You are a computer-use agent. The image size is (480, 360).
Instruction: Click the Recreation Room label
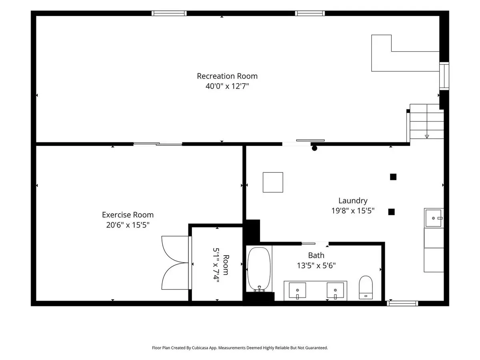tap(227, 76)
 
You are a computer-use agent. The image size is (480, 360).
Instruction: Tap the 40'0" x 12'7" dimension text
tap(227, 86)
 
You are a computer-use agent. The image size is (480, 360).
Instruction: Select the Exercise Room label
tap(128, 215)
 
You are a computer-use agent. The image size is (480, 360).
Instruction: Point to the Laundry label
tap(353, 200)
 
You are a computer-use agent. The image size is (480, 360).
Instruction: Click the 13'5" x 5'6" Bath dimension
tap(316, 265)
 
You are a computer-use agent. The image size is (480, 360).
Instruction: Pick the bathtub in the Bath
tap(259, 269)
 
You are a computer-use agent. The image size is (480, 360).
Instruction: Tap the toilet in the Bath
tap(366, 287)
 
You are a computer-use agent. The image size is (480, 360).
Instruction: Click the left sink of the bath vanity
tap(297, 290)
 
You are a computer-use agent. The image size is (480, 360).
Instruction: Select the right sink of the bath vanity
tap(335, 290)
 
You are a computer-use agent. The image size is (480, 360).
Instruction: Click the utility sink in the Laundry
tap(433, 218)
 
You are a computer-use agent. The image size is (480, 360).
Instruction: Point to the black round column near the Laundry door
tap(314, 148)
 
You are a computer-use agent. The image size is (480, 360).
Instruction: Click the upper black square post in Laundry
tap(393, 177)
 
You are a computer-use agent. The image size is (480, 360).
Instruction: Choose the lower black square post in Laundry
tap(391, 212)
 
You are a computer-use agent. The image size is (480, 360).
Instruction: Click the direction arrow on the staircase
tap(427, 136)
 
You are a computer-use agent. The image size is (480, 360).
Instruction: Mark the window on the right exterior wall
tap(444, 76)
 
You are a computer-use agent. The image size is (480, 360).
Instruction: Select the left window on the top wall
tap(169, 13)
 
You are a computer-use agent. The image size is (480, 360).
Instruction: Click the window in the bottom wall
tap(402, 303)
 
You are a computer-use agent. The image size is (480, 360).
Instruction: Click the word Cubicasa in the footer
tap(200, 348)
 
